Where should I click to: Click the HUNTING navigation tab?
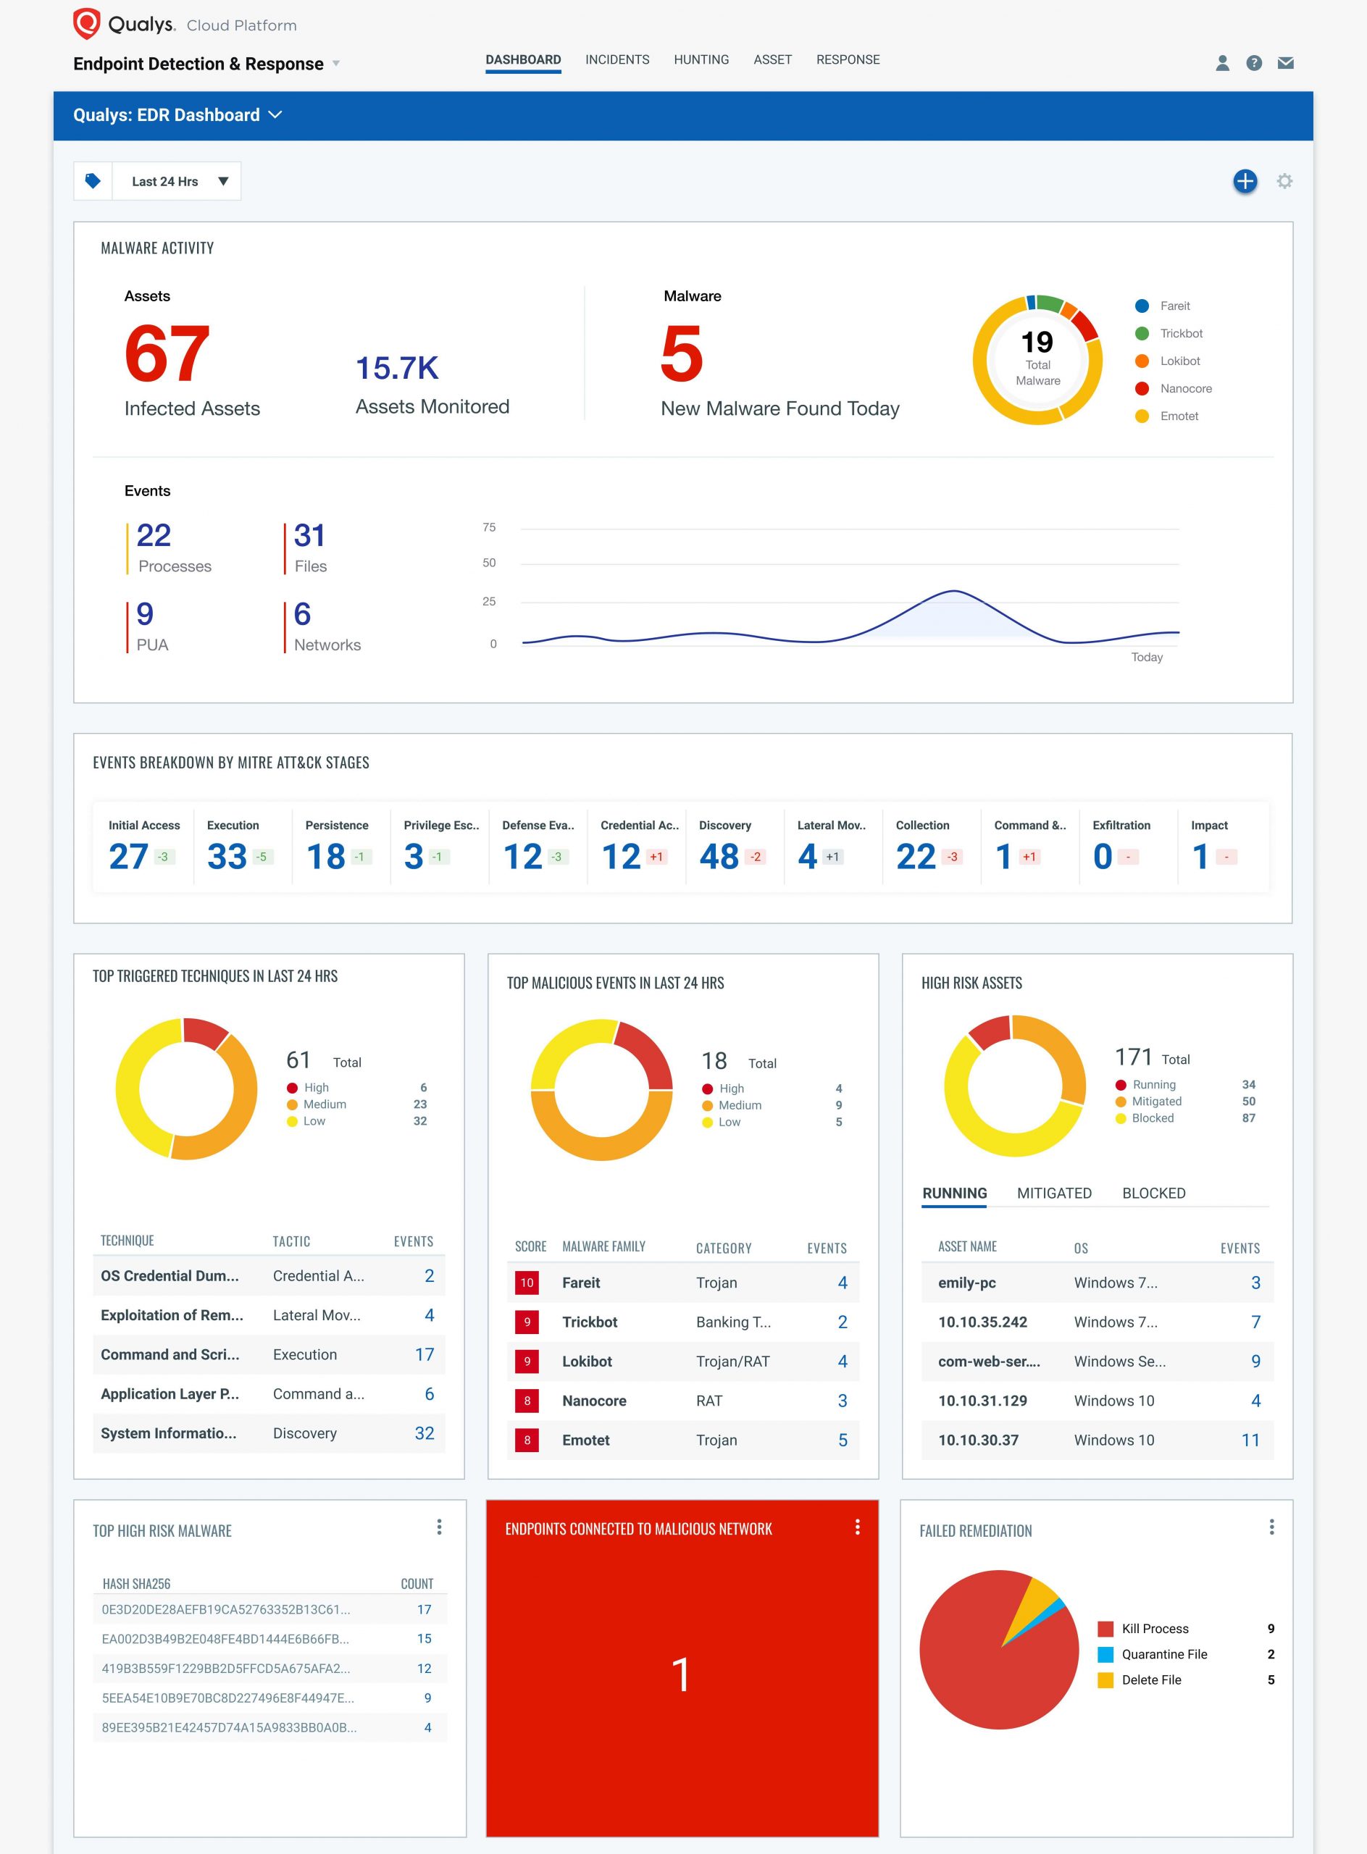701,59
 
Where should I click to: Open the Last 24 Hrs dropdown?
175,181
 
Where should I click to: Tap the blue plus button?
1245,181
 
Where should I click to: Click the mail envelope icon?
1285,63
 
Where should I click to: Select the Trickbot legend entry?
1180,333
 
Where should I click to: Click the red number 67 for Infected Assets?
167,354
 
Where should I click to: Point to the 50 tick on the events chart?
489,563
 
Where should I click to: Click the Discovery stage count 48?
718,856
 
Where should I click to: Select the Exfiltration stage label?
1121,825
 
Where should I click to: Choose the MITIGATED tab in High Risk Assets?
1053,1193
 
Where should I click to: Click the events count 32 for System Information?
424,1433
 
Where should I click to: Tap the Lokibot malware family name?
587,1361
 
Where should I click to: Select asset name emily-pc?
966,1283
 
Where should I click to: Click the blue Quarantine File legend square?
1105,1654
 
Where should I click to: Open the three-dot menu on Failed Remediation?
1271,1527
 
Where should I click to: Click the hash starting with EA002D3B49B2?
225,1638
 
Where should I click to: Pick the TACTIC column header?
291,1241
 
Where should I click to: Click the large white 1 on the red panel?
681,1674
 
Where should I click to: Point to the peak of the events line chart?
953,591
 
